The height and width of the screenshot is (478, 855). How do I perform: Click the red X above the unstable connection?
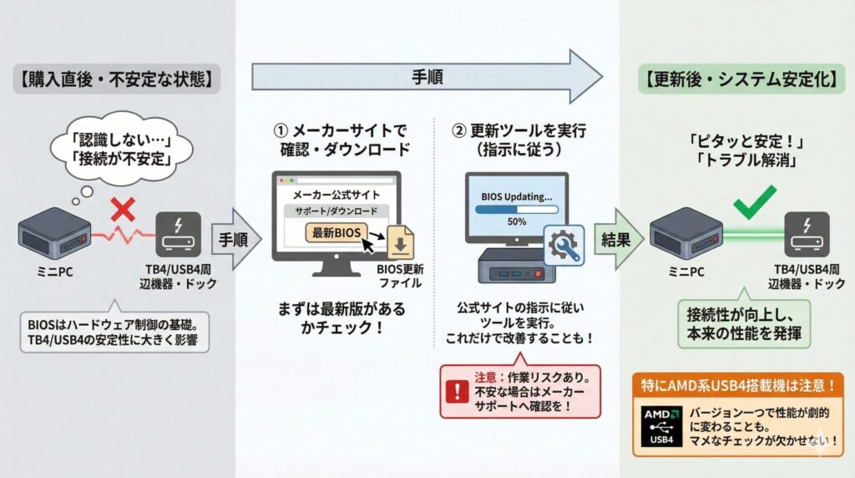click(123, 208)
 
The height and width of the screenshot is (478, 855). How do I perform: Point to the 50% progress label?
click(516, 223)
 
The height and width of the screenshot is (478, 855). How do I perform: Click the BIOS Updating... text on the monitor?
click(517, 197)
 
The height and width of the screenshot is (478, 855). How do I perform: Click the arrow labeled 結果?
click(619, 239)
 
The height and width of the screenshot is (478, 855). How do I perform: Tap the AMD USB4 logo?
click(661, 425)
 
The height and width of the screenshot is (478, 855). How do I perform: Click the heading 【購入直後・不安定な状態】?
click(117, 81)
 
